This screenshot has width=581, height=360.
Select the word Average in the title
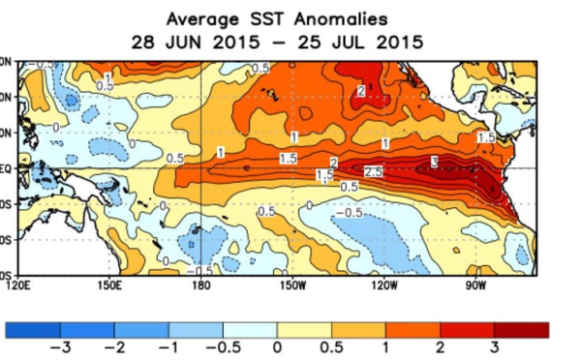[200, 18]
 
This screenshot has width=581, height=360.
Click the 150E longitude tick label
[109, 285]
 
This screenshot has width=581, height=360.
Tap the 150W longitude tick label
[292, 285]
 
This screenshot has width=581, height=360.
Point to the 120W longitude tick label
[384, 285]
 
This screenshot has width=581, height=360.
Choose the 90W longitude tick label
[475, 285]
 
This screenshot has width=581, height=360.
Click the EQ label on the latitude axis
[5, 167]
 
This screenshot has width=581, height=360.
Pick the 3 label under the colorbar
[495, 347]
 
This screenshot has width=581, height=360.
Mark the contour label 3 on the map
[435, 161]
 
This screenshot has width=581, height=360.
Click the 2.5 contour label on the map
[374, 171]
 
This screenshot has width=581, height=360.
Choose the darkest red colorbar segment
[522, 330]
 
